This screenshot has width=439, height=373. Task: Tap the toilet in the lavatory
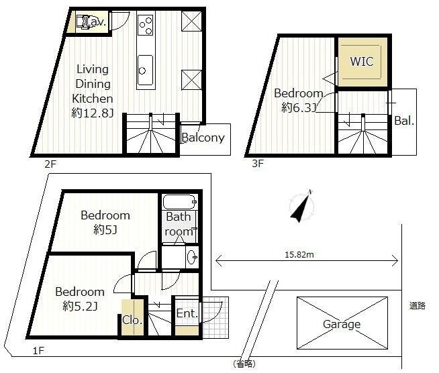[81, 22]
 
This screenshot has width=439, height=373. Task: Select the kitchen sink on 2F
[145, 68]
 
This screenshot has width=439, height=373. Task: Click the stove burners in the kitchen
[145, 25]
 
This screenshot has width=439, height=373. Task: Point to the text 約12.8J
[93, 113]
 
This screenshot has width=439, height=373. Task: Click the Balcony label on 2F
[203, 138]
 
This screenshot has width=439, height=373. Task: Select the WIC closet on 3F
[362, 62]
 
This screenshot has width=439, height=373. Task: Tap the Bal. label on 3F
[403, 121]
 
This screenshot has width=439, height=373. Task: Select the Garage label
[342, 324]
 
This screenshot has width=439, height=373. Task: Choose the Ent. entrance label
[186, 313]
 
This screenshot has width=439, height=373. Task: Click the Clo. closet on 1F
[132, 320]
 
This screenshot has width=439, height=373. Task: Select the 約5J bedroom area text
[105, 229]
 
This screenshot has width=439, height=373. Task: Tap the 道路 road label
[417, 305]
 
